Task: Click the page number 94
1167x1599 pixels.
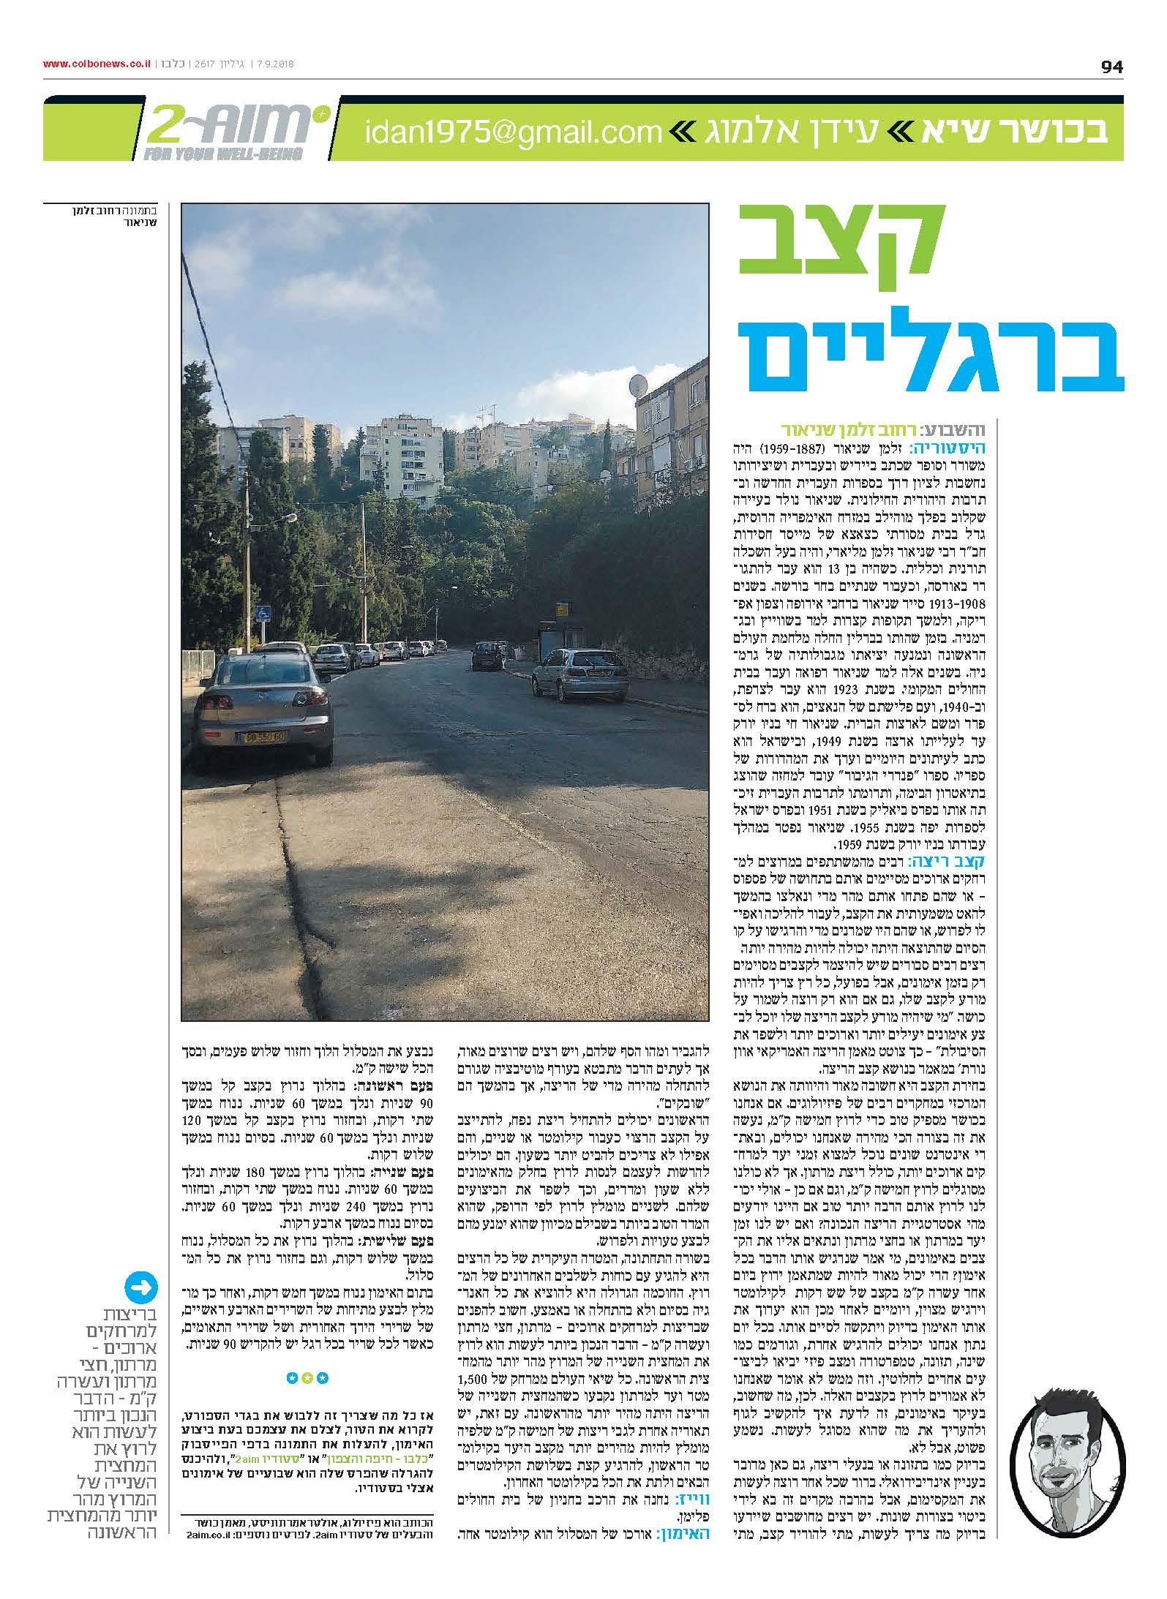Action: pyautogui.click(x=1111, y=67)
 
